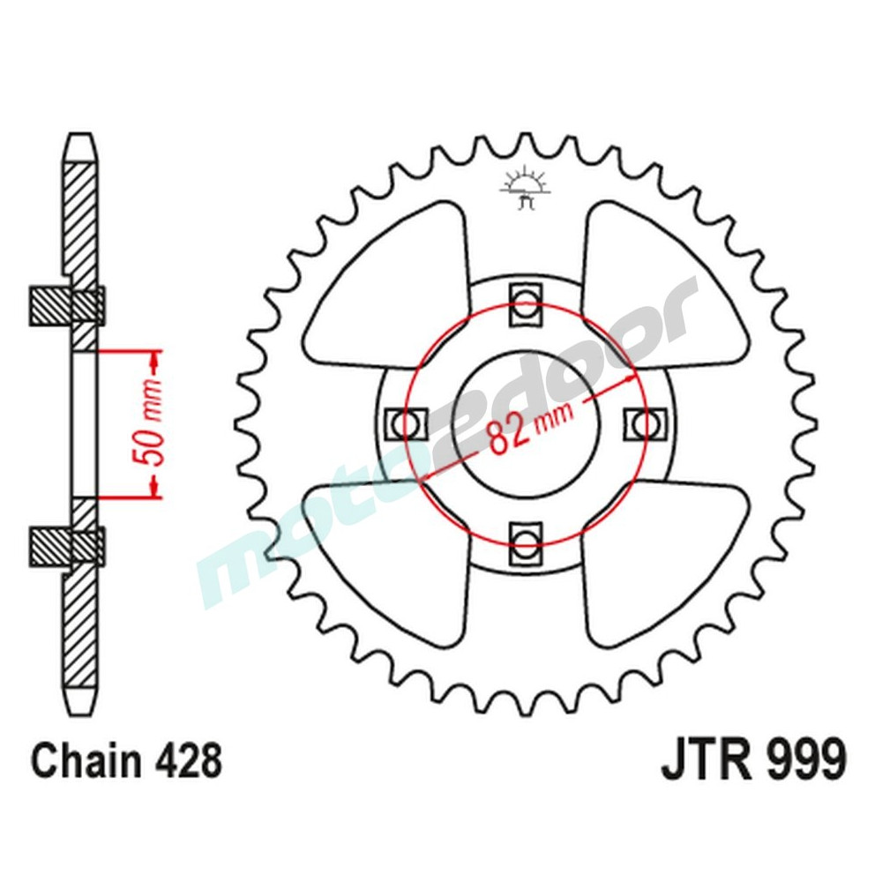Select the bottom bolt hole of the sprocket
(x=526, y=540)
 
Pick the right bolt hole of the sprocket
(x=644, y=423)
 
